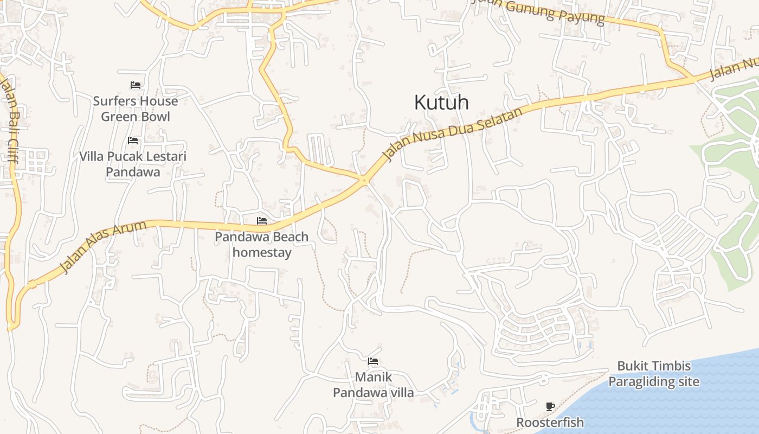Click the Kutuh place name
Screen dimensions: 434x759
click(x=441, y=103)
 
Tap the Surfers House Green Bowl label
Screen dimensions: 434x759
click(x=136, y=108)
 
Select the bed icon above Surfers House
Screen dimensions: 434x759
click(x=136, y=85)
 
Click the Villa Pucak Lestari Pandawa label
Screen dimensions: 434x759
click(x=133, y=164)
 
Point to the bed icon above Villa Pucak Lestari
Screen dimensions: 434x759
click(x=133, y=141)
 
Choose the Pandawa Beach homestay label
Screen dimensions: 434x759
click(x=262, y=244)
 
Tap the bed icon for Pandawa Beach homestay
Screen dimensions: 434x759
click(x=262, y=221)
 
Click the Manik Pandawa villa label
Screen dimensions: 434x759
click(x=373, y=385)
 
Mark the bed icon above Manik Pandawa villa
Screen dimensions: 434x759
click(x=373, y=361)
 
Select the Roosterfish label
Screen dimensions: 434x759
click(x=550, y=422)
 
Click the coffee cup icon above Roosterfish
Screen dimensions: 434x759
click(x=550, y=406)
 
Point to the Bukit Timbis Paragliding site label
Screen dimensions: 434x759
click(x=653, y=374)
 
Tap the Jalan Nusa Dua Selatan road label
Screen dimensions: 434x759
click(x=454, y=133)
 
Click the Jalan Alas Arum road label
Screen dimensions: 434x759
click(x=102, y=246)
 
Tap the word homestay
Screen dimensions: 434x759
click(x=262, y=252)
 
